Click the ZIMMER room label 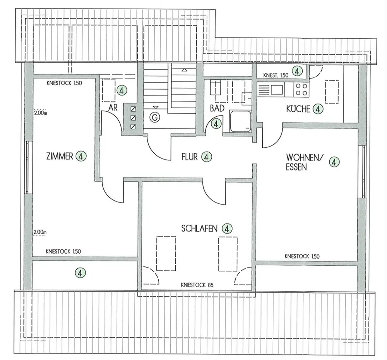click(x=60, y=156)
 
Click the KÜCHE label click(x=298, y=109)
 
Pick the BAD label click(x=217, y=108)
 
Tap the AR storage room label click(x=113, y=108)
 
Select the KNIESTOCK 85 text click(x=197, y=285)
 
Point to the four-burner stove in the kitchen click(x=301, y=90)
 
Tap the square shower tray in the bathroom click(x=240, y=121)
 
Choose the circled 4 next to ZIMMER click(x=81, y=156)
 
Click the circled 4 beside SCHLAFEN click(x=227, y=228)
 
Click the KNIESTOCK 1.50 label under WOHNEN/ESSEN click(x=302, y=256)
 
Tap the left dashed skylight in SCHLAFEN click(x=166, y=254)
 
